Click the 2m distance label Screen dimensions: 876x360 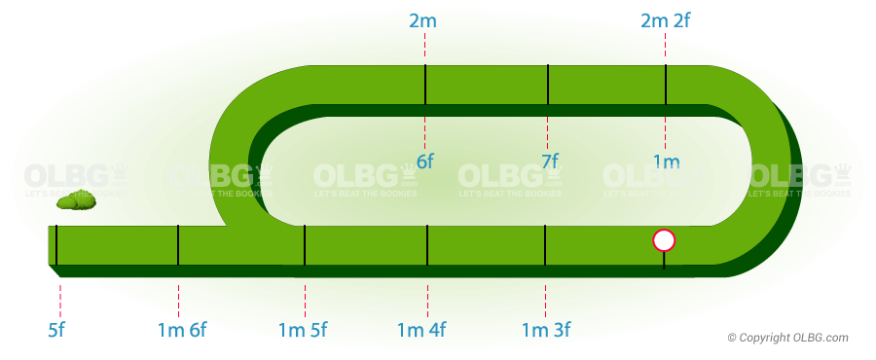pos(425,20)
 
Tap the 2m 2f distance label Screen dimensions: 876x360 pos(666,20)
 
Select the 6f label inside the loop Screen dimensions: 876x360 pos(425,162)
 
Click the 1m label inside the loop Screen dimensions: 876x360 pos(666,162)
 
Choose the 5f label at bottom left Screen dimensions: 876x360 pos(56,329)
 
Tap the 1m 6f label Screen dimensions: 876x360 pos(181,329)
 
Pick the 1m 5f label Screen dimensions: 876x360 pos(303,329)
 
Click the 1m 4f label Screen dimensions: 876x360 pos(421,329)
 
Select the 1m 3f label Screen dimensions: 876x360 pos(546,329)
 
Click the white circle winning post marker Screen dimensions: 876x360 pos(664,239)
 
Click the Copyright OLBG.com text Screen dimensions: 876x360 pos(788,338)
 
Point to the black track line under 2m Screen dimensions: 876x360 pos(425,85)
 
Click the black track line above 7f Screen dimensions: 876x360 pos(548,85)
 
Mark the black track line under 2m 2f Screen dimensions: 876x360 pos(666,85)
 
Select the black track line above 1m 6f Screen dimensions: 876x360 pos(178,244)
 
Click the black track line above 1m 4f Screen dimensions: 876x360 pos(427,244)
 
